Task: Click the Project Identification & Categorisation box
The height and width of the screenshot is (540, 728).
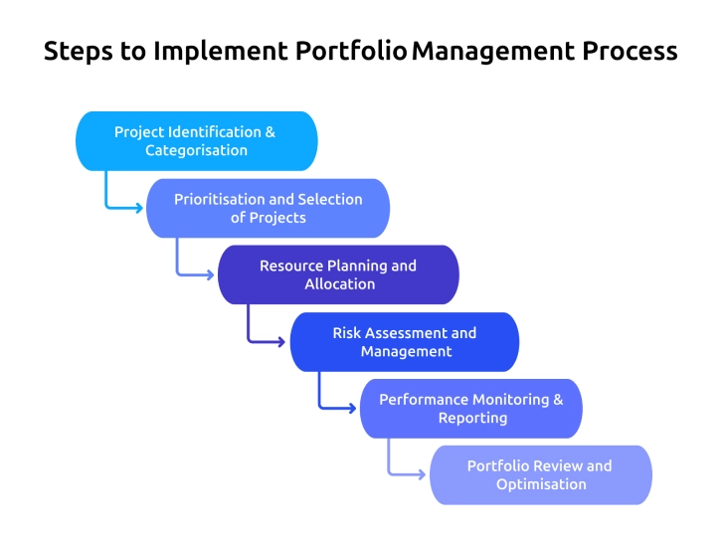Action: pos(196,141)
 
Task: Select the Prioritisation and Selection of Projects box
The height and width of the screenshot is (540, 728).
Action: pos(268,208)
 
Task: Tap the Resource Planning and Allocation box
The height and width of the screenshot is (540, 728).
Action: pos(338,274)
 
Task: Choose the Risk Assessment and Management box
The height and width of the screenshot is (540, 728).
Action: pos(404,342)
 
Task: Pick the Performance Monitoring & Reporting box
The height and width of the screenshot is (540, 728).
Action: pos(470,409)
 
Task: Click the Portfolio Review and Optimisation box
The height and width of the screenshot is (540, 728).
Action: pos(540,475)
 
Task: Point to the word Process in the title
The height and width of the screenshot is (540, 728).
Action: pos(634,52)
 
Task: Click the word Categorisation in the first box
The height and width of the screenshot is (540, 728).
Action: pos(196,151)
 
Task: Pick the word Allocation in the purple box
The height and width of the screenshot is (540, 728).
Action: pos(339,284)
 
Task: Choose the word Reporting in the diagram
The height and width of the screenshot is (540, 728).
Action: pos(472,419)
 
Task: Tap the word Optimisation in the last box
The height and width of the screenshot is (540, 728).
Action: pos(541,485)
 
